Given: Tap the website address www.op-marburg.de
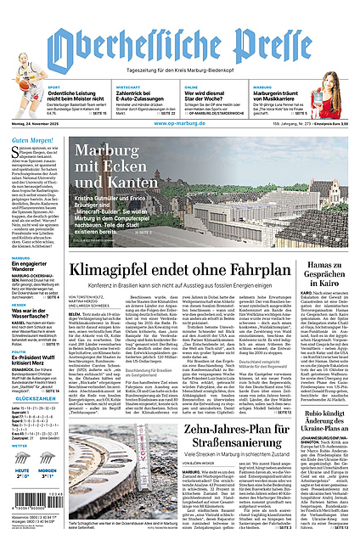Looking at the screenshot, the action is pyautogui.click(x=178, y=124).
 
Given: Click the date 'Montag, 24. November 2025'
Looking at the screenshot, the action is pyautogui.click(x=31, y=124).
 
